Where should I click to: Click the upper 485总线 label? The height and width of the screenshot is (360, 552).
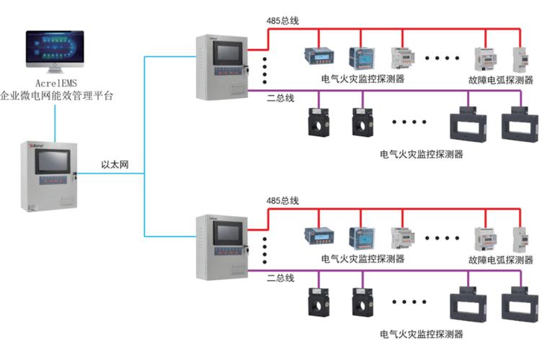coord(282,21)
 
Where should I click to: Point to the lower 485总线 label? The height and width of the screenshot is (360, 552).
coord(282,199)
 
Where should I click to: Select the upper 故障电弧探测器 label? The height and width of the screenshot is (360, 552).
coord(500,80)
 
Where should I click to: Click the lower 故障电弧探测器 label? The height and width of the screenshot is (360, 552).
coord(500,259)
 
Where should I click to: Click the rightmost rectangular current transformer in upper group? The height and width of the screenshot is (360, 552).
coord(517,123)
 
